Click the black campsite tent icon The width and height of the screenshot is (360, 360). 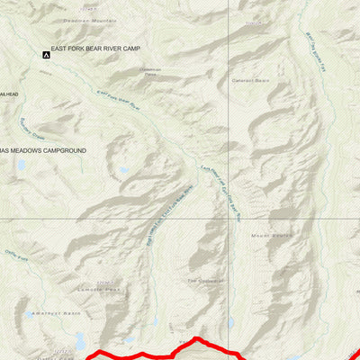point(46,56)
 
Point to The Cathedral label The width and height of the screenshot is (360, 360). point(202,280)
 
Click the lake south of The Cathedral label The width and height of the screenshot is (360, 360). point(231,321)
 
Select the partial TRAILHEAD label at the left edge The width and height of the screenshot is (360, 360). point(8,92)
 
